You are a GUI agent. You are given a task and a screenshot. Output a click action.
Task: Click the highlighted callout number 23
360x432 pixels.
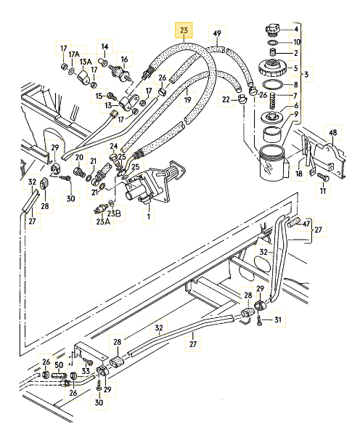point(184,30)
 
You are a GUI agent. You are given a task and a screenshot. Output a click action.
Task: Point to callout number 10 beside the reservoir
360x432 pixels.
point(296,42)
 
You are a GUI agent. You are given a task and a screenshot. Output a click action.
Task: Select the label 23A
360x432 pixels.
point(102,221)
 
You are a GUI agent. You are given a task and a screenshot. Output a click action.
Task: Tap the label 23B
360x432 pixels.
point(114,213)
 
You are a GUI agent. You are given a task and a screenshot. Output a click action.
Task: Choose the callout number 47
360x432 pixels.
point(307,223)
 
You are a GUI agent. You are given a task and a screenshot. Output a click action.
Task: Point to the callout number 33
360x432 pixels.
point(86,371)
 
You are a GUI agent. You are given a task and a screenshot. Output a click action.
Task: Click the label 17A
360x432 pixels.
point(73,54)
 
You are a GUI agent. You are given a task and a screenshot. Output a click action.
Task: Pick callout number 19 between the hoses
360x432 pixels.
point(187,99)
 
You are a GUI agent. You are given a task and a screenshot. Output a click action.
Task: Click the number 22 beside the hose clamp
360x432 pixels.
point(226,99)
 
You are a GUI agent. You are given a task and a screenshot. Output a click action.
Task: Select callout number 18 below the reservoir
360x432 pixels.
point(298,174)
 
